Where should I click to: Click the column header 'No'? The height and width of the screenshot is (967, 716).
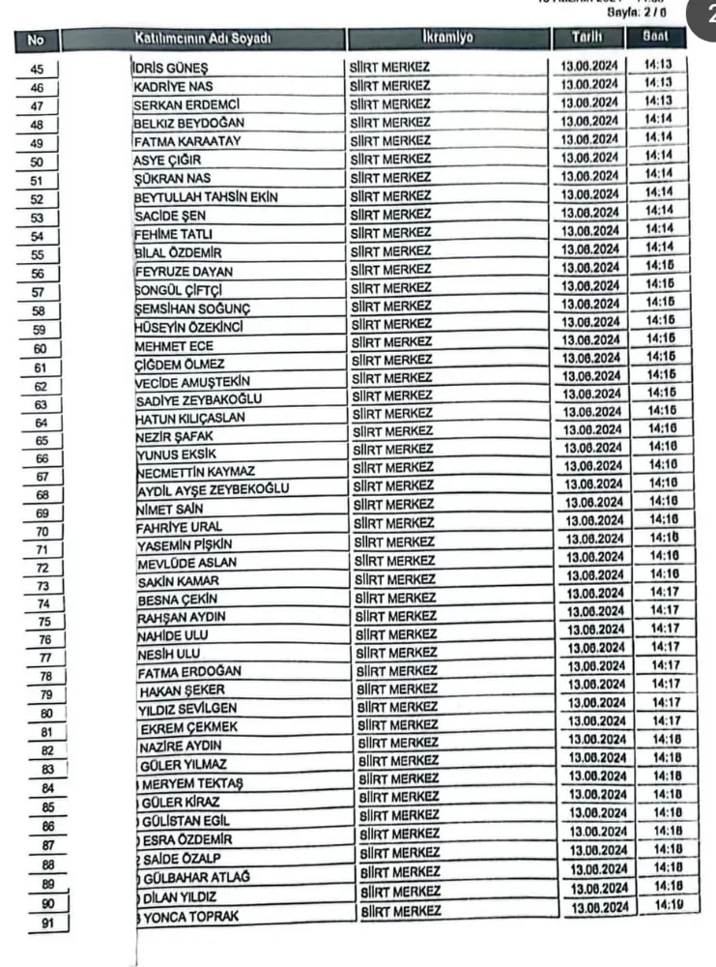pos(37,40)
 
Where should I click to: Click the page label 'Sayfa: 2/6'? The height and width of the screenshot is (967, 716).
pos(643,16)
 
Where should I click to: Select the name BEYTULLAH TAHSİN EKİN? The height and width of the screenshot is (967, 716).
pos(206,197)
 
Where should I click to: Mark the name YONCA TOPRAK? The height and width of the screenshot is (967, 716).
pos(188,916)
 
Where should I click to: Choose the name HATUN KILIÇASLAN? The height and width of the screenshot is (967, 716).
pos(190,418)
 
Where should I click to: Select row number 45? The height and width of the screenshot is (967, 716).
pos(37,68)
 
